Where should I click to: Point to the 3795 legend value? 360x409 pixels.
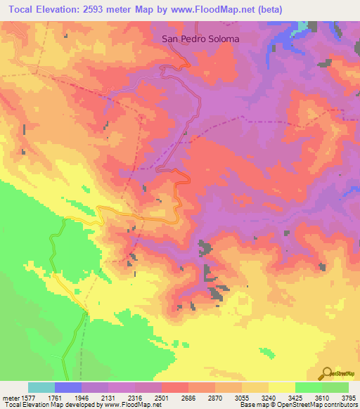coord(347,397)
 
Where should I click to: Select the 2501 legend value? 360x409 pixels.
coord(162,397)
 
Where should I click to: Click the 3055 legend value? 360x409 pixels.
coord(241,397)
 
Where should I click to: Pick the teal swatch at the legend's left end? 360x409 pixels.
coord(41,387)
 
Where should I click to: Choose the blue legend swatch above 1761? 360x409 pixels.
coord(68,387)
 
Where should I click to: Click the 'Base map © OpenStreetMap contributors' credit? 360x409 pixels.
coord(298,405)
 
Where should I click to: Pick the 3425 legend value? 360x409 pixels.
coord(295,397)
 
